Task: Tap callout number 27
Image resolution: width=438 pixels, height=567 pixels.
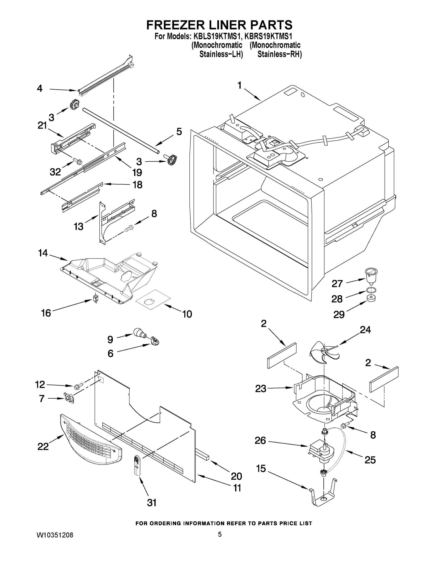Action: click(x=337, y=283)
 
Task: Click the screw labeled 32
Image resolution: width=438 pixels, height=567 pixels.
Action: click(x=77, y=161)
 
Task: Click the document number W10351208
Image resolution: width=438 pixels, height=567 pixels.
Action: click(x=55, y=535)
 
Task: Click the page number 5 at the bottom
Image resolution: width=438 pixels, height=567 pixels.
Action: click(x=220, y=534)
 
